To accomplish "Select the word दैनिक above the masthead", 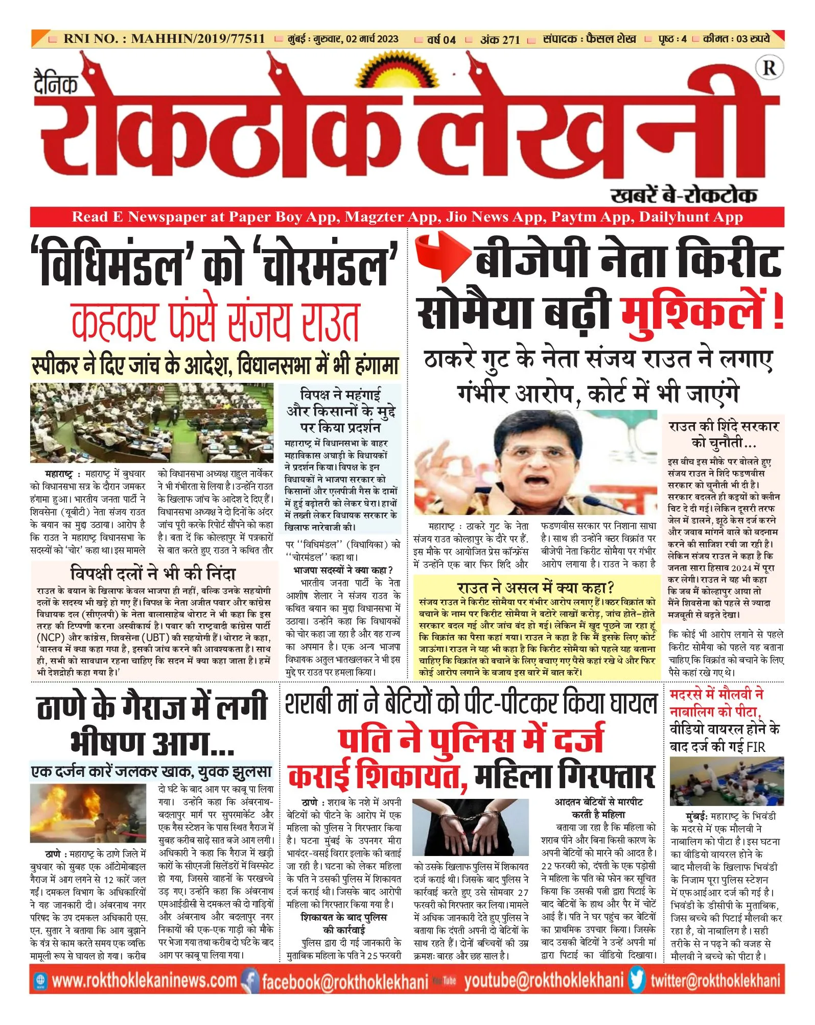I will click(x=56, y=83).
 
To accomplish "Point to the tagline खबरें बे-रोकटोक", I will click(x=683, y=195).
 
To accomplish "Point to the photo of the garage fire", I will click(x=88, y=813).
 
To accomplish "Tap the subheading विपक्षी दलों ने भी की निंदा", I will click(x=153, y=574).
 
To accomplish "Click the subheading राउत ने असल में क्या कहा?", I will click(x=535, y=588).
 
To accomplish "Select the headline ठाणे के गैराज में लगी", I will click(x=152, y=707).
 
